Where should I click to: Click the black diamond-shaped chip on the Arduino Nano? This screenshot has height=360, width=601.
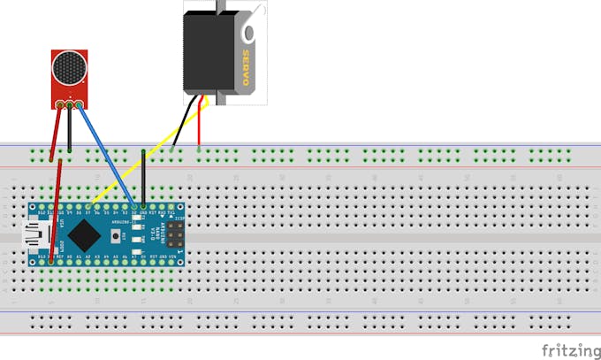(x=84, y=235)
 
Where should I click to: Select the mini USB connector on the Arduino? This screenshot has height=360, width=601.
(x=35, y=236)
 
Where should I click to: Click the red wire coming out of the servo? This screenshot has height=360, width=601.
(x=199, y=128)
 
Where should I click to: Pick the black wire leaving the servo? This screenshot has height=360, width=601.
(x=184, y=124)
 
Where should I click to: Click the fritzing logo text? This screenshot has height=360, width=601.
(x=566, y=349)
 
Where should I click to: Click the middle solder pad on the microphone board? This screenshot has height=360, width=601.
(x=69, y=105)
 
